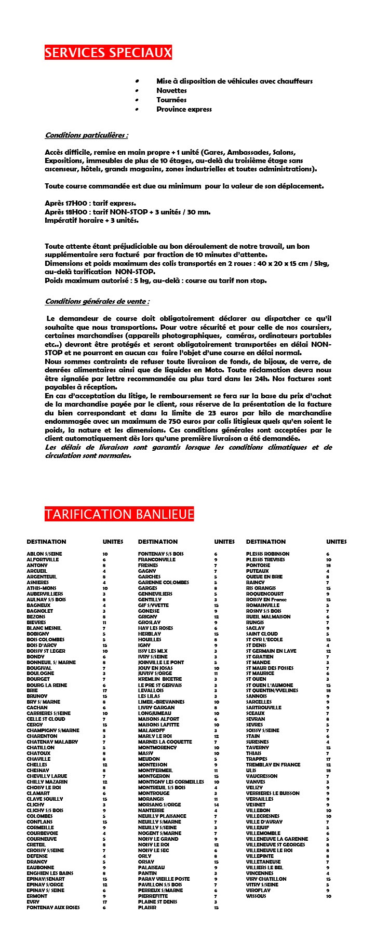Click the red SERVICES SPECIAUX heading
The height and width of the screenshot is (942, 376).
pos(108,53)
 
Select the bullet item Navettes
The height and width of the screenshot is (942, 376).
pos(171,90)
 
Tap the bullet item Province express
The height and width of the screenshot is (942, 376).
pos(184,109)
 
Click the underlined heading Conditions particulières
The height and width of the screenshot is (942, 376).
pos(86,136)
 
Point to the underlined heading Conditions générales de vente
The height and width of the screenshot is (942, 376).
pos(97,301)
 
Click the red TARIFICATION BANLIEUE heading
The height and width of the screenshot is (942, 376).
pos(119,515)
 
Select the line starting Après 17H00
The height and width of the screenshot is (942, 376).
pos(90,203)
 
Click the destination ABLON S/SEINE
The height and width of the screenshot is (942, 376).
pos(44,554)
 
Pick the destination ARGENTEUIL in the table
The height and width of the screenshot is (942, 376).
pos(42,577)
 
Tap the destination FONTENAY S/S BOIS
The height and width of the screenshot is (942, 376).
pos(160,554)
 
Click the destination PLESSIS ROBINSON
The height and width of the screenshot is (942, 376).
pos(267,554)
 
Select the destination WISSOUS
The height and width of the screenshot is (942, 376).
pos(256,896)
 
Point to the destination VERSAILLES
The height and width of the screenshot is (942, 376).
pos(260,799)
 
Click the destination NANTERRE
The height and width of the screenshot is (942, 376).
pos(151,810)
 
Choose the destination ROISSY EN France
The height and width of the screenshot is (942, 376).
pos(266,600)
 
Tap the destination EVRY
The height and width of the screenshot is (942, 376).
pos(33,901)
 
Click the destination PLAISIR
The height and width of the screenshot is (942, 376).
pos(147,907)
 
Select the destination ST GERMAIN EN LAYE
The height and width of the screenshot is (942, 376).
pos(271,651)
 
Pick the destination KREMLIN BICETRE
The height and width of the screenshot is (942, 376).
pos(160,679)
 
